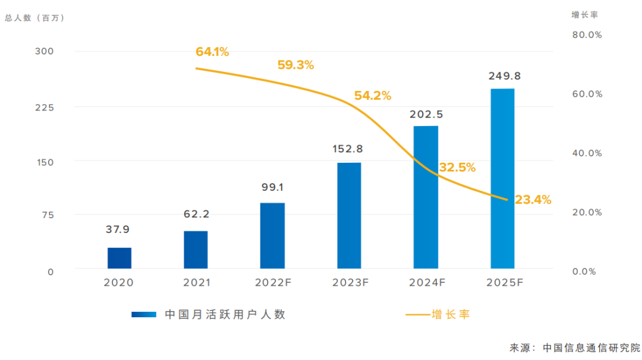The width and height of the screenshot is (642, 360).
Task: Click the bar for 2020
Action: pos(119,258)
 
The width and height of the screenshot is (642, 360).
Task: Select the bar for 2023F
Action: pos(349,215)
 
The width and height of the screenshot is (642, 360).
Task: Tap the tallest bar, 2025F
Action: pos(502,178)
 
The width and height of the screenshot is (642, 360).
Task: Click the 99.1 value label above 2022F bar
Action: pos(272,188)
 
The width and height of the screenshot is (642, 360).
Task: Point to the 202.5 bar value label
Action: pos(426,114)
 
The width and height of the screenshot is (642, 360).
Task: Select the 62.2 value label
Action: pos(196,214)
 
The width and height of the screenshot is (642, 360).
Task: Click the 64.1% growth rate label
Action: pos(212,52)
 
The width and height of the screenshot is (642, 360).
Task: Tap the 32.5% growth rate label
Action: pos(457,168)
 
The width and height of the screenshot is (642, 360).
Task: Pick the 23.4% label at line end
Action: pos(533,200)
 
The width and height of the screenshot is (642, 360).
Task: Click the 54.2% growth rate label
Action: pos(373,95)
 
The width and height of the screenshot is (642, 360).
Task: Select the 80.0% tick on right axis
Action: pos(587,35)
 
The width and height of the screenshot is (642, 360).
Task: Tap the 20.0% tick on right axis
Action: pos(587,212)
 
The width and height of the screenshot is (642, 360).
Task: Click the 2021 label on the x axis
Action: pos(196,283)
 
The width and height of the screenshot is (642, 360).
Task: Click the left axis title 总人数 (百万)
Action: pos(34,18)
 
